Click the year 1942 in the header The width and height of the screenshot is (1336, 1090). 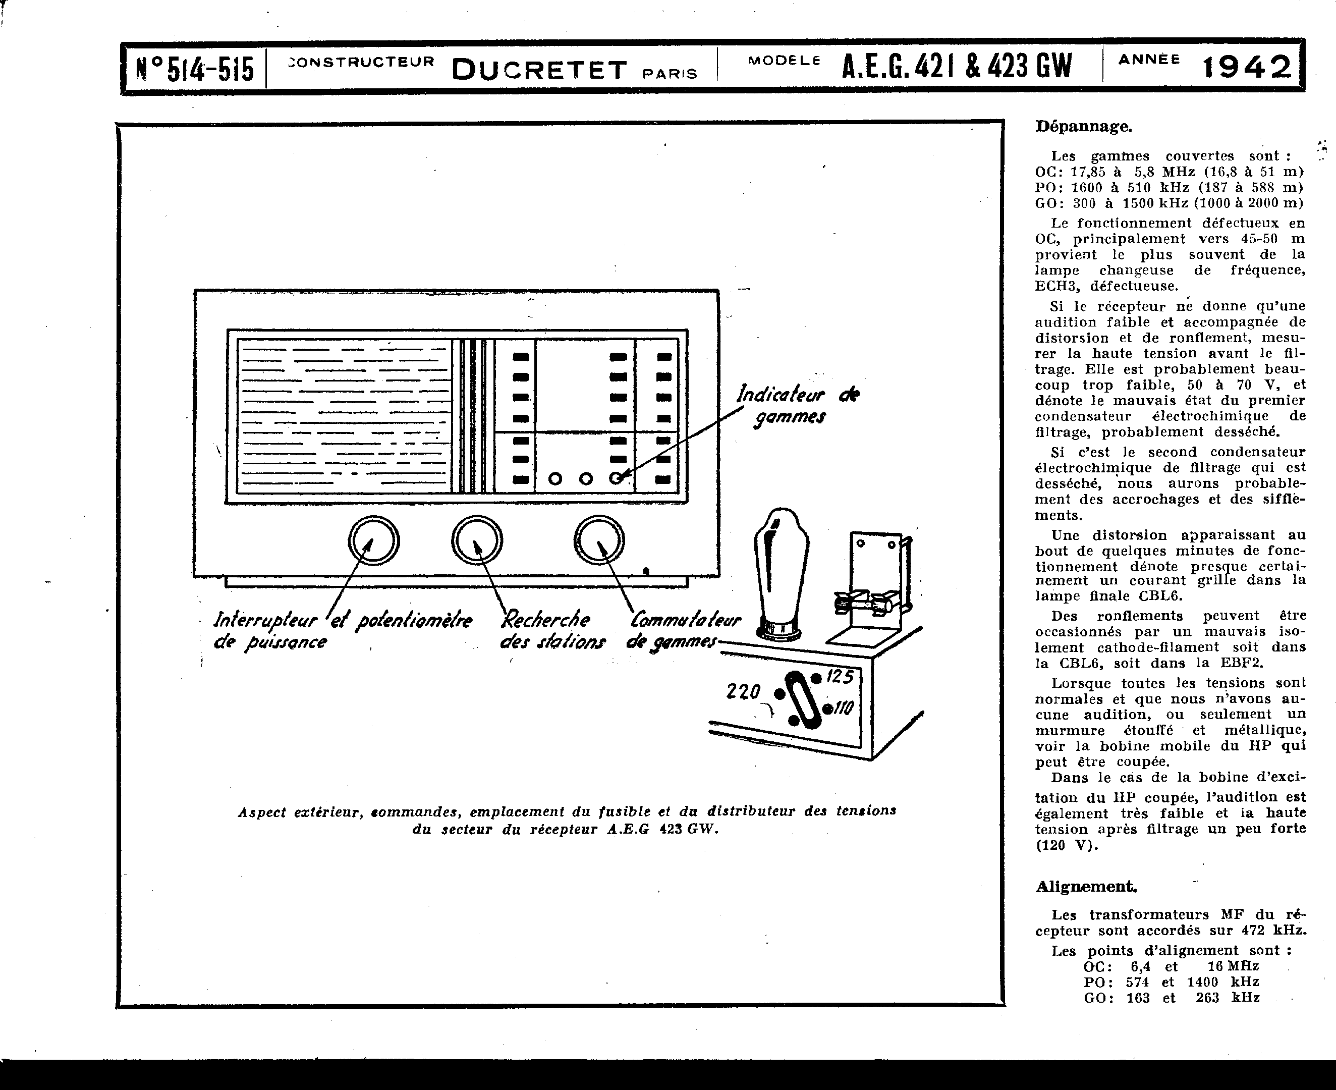[1246, 67]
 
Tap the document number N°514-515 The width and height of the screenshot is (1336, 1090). [195, 69]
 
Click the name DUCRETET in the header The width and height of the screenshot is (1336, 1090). [539, 70]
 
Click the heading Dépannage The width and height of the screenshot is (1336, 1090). [1084, 127]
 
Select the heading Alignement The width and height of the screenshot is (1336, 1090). [1086, 887]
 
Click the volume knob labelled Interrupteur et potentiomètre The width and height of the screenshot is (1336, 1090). [373, 540]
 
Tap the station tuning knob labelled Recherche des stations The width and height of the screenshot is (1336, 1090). [476, 540]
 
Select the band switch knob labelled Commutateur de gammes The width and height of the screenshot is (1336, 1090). [599, 540]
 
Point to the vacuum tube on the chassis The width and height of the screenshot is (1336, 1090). [781, 571]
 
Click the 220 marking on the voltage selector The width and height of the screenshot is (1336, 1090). [743, 692]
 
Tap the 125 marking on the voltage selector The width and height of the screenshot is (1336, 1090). [840, 677]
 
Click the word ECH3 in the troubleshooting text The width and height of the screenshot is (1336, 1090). [1056, 286]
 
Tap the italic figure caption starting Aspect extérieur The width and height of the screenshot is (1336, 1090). [566, 820]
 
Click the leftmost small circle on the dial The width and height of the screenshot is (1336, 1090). [555, 479]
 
